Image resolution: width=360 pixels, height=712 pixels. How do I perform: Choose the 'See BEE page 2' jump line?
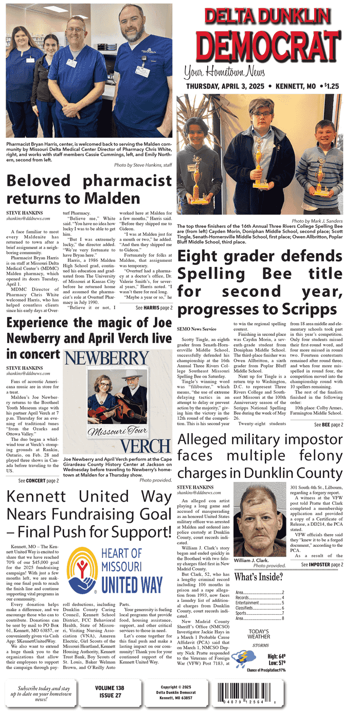click(329, 425)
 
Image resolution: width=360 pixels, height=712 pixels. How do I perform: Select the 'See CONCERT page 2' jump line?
click(38, 480)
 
